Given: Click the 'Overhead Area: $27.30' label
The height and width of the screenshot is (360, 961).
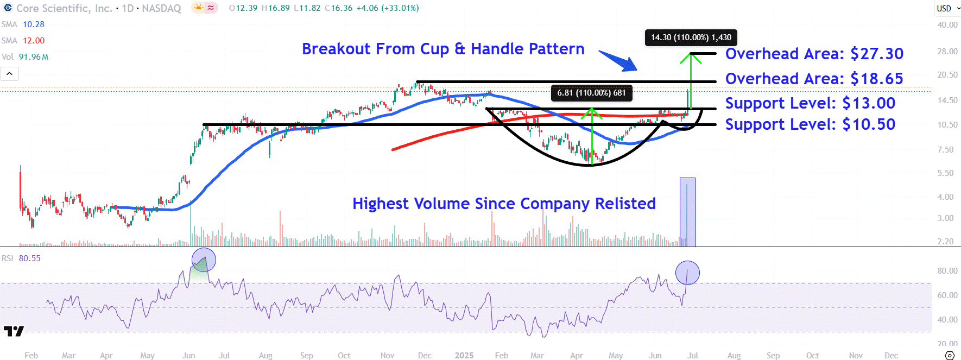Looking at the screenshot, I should [814, 54].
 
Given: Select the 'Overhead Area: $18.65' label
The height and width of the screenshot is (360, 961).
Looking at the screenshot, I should [814, 79].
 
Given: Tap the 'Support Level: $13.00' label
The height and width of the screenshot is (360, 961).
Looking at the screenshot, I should [810, 103].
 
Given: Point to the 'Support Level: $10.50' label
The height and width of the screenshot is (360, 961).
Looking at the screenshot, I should [810, 124].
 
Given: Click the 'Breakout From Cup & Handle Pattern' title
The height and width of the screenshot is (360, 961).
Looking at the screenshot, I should [443, 49].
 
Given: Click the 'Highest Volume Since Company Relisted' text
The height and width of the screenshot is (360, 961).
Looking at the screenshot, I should [504, 204].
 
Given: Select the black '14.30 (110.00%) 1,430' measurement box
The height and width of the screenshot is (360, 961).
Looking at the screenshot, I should [691, 37].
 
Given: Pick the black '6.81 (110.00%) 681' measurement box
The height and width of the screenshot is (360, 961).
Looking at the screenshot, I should [591, 93].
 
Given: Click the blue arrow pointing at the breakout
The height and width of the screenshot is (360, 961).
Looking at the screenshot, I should [619, 60].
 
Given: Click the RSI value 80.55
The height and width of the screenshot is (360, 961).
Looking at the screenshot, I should [29, 258].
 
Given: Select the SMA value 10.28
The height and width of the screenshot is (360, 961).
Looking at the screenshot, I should [34, 24].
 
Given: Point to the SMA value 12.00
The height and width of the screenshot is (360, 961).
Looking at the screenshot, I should [34, 41].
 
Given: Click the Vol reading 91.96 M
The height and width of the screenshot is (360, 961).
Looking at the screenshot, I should [34, 57].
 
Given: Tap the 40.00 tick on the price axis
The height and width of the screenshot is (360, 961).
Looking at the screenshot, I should [947, 25].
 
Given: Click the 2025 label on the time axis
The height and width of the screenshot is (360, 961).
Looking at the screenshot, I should [464, 356].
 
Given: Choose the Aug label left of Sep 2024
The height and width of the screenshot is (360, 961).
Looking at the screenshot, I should [265, 356].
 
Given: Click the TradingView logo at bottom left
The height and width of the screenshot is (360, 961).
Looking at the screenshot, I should [14, 331].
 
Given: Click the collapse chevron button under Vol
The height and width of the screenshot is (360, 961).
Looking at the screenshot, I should [10, 73].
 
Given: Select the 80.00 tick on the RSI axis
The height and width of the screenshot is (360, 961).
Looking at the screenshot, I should [947, 271].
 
